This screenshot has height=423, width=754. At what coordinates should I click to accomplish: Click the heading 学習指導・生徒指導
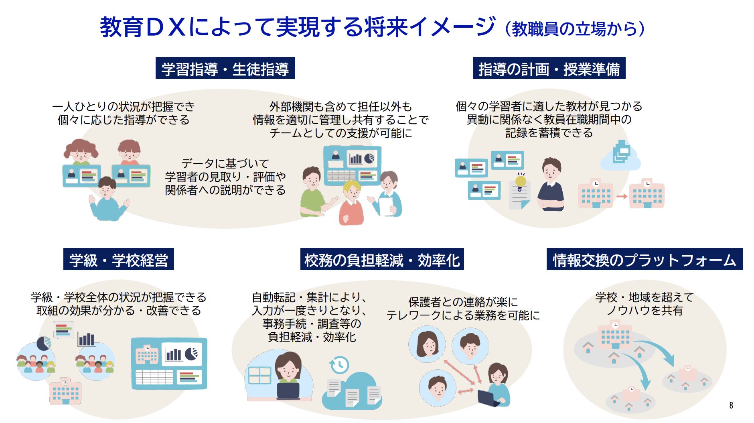[225, 69]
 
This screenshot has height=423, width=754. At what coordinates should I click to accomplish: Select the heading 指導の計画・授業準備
[549, 69]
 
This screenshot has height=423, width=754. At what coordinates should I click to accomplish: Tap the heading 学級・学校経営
[118, 260]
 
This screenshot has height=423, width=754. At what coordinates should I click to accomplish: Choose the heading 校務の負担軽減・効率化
[382, 260]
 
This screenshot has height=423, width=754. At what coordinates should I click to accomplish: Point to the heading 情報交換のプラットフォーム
[645, 260]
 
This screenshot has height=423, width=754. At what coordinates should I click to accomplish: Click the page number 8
[731, 405]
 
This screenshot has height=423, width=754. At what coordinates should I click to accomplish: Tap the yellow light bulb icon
[521, 180]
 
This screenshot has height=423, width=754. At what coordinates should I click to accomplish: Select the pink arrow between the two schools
[622, 196]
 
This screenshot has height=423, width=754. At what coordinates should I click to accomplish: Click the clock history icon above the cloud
[339, 365]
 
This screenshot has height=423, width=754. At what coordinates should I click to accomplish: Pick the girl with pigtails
[81, 151]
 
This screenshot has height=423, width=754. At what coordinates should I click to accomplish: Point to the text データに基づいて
[225, 163]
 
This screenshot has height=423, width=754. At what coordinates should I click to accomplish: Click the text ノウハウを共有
[645, 310]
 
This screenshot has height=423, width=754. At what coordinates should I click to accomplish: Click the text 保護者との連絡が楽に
[463, 301]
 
